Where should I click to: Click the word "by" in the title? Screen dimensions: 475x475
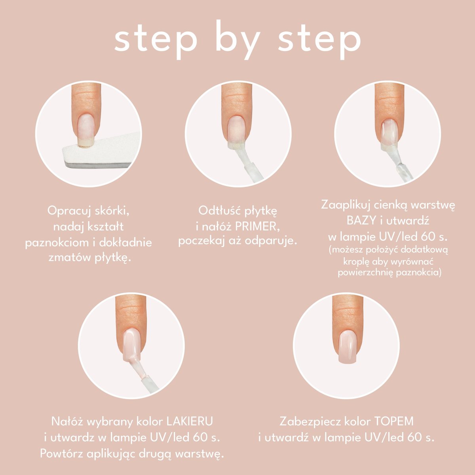click(238, 40)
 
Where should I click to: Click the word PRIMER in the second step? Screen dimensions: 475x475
click(257, 227)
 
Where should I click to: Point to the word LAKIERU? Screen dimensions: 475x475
click(190, 422)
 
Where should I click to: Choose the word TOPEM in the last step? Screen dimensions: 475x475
click(393, 422)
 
